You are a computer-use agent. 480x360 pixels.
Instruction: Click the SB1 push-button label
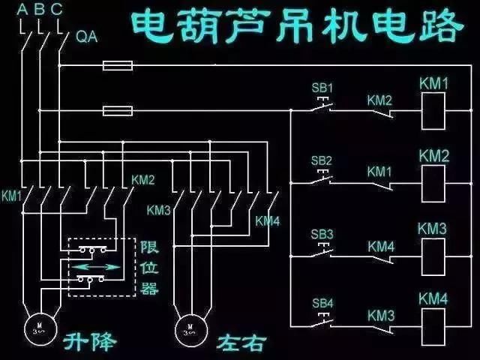point(322,88)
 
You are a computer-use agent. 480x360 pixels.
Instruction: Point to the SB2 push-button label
point(322,160)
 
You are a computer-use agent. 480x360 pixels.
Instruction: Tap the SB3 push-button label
point(322,233)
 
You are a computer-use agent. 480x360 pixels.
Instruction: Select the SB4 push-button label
point(322,304)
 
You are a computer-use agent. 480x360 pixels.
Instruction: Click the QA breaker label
point(86,37)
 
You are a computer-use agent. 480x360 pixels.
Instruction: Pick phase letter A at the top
point(21,10)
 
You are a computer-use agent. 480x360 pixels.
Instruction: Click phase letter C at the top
point(57,10)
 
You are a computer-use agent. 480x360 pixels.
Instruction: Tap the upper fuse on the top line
point(118,67)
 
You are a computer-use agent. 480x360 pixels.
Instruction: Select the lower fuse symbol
point(118,112)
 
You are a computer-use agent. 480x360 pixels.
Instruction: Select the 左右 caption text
point(241,343)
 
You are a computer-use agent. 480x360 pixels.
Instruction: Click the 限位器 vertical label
point(149,267)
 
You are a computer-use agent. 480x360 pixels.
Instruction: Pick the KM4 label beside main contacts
point(267,220)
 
